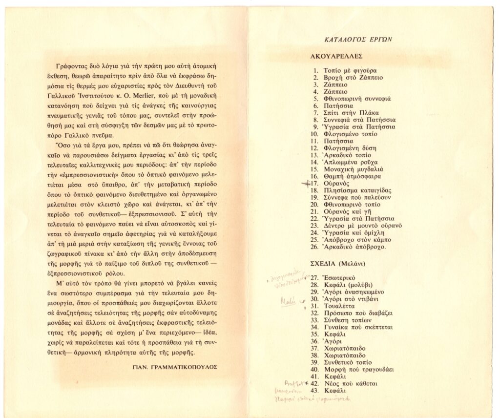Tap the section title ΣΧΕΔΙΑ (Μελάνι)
342,263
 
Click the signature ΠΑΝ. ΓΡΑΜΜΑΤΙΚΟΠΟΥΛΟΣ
184,365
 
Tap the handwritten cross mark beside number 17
306,184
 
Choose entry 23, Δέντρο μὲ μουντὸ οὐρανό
362,226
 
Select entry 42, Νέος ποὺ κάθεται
350,383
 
